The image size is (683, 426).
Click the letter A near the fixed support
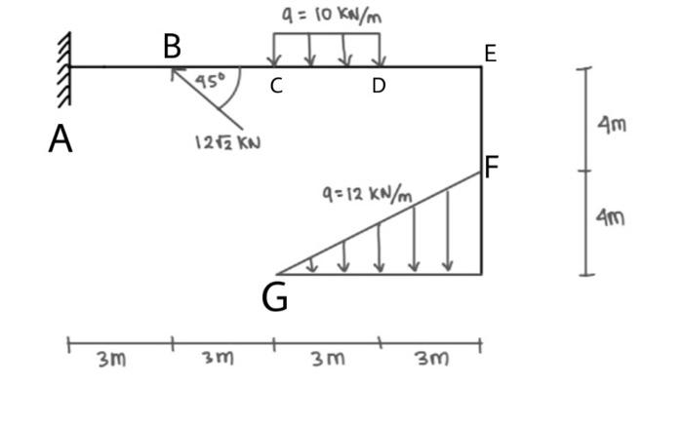click(x=60, y=138)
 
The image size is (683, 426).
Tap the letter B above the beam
click(x=172, y=45)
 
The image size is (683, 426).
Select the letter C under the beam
click(x=276, y=86)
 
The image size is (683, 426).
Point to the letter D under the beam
click(x=379, y=86)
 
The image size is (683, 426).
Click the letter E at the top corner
click(x=490, y=54)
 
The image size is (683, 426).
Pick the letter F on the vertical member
click(x=492, y=168)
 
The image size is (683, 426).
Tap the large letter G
click(x=275, y=297)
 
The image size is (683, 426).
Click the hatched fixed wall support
click(x=64, y=66)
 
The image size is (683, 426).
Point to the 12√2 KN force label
click(x=227, y=142)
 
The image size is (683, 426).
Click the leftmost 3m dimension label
click(x=111, y=359)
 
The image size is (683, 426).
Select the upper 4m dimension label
click(x=612, y=124)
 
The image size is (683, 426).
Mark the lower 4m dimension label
click(x=612, y=215)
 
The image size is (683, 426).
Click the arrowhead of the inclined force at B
click(x=174, y=70)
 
